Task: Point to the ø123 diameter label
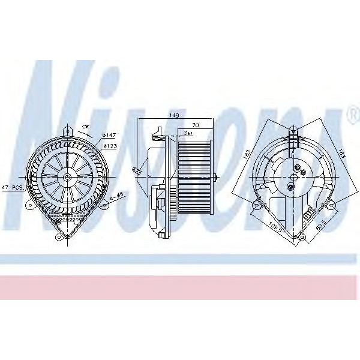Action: point(109,146)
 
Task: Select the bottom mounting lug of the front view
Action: point(59,237)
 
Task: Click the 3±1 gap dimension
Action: point(188,133)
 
